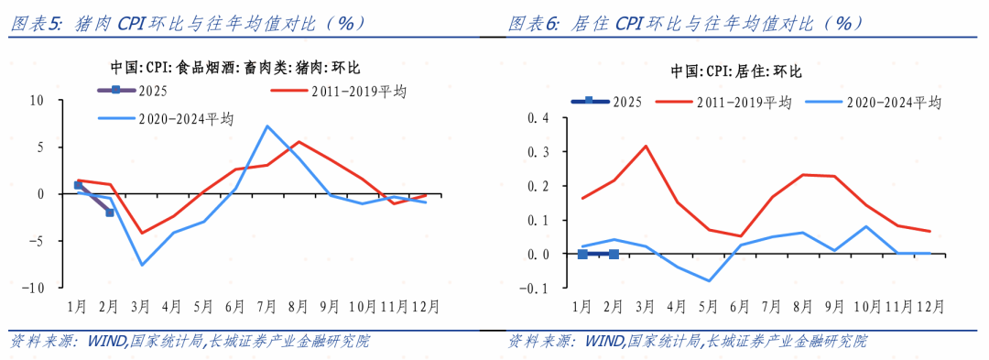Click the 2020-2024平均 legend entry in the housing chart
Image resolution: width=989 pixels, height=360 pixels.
(x=874, y=102)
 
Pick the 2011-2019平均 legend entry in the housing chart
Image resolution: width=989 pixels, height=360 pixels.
(x=723, y=102)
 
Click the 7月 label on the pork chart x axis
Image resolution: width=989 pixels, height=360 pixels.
(x=266, y=306)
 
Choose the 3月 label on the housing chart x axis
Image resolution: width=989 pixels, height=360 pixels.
(x=646, y=306)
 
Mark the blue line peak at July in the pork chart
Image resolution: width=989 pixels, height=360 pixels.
(x=266, y=126)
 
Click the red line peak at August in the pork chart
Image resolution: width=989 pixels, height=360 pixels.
(x=299, y=142)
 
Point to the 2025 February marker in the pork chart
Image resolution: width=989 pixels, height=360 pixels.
(x=110, y=212)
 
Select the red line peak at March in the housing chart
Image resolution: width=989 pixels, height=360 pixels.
(x=646, y=146)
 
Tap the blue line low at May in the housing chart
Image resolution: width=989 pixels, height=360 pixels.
(x=709, y=280)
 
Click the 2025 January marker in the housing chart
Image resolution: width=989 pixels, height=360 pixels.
(x=582, y=254)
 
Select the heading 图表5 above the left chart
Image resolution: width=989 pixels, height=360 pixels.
(x=36, y=24)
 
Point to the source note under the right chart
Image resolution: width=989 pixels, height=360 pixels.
(x=687, y=342)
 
